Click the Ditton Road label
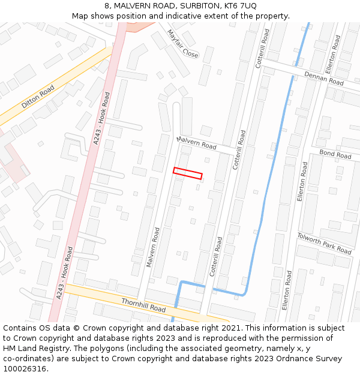click(38, 97)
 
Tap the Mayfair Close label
click(182, 44)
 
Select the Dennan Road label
click(323, 77)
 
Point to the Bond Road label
click(335, 154)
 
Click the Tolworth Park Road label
click(324, 243)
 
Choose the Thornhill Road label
click(143, 304)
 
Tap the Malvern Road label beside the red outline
click(197, 143)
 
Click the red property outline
click(188, 173)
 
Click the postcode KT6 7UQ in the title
click(240, 6)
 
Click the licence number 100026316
click(25, 369)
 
